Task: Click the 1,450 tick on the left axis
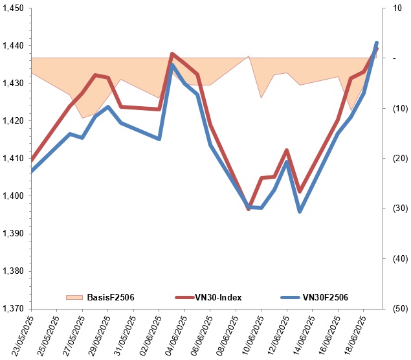coord(14,8)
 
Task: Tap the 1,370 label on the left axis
coord(14,309)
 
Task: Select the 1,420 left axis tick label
coord(14,121)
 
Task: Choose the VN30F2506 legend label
coord(326,297)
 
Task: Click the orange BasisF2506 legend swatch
coord(74,297)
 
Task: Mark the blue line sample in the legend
coord(290,297)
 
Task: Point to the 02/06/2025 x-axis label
coord(149,333)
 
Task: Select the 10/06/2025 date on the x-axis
coord(251,333)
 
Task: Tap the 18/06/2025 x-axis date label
coord(353,333)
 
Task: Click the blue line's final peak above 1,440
coord(377,43)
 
